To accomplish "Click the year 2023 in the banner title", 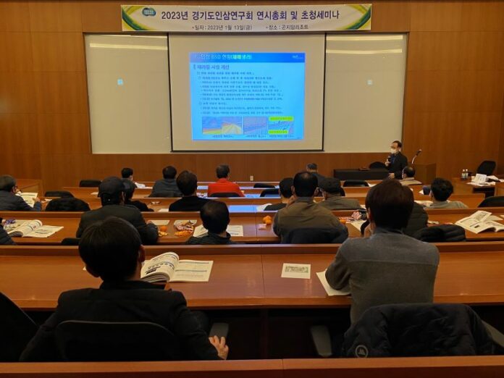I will click(x=176, y=14).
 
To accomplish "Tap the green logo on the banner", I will click(x=148, y=12).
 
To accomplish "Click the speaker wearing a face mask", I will click(x=396, y=159).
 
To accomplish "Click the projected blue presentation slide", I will click(x=247, y=96).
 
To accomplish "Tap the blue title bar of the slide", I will click(x=247, y=57).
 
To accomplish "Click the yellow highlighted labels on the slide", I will click(x=281, y=119).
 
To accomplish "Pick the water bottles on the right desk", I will click(x=464, y=175).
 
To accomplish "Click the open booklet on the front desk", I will click(x=176, y=268).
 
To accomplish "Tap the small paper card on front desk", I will click(x=295, y=271).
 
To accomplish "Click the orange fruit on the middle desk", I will click(x=266, y=219).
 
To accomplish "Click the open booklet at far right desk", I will click(x=480, y=221).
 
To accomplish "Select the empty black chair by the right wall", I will click(x=486, y=167).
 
